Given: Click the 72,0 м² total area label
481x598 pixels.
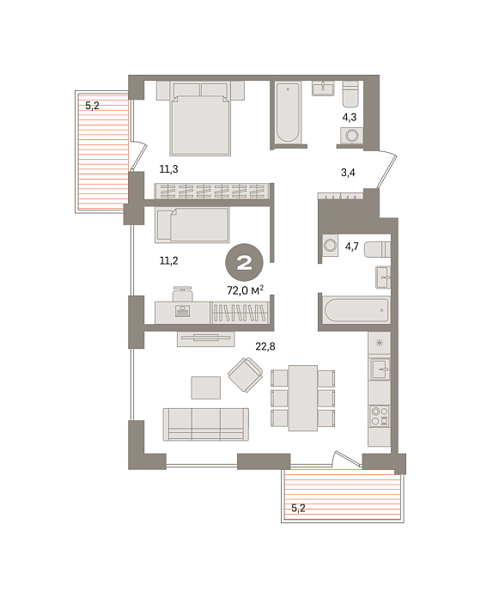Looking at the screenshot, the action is pos(245,290).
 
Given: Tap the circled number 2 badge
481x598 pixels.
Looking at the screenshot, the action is pos(244,262).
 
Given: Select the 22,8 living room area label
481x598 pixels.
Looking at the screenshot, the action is pos(265,346).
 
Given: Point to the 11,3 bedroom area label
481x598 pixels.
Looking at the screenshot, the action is pos(168,169).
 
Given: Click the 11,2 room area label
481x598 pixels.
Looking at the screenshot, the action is pos(168,260).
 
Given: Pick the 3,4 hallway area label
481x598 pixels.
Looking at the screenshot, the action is pos(348,173).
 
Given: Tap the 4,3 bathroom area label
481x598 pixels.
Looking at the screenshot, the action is pos(349,117).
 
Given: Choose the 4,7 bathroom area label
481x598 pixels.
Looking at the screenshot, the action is pos(352,247).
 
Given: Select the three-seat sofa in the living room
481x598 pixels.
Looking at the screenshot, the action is pos(206,424).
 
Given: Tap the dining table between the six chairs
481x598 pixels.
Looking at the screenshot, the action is pos(303,398).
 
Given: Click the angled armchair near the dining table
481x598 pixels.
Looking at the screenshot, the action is pos(246,375).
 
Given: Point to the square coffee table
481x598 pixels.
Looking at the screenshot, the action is pos(206,387).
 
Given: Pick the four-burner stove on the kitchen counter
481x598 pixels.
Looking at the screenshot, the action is pos(380,416).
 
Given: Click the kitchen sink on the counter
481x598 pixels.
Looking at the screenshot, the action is pos(380,369).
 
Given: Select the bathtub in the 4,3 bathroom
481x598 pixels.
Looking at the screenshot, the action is pos(288,113).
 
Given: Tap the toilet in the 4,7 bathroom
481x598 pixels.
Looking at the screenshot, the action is pos(377,249).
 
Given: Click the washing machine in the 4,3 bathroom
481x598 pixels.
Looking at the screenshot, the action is pos(352,136).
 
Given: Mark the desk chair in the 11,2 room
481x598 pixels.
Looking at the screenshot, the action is pos(183,294).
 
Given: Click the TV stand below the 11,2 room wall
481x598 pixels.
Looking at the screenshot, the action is pos(206,339).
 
